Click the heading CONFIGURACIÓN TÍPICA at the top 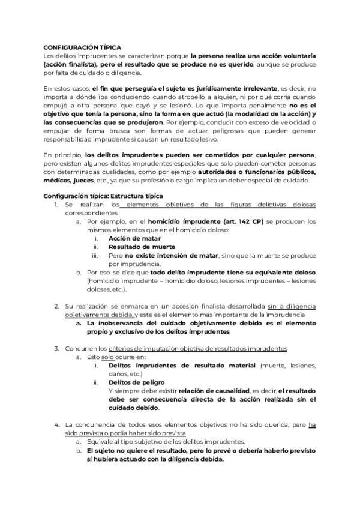coord(83,47)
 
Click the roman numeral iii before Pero coord(95,255)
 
